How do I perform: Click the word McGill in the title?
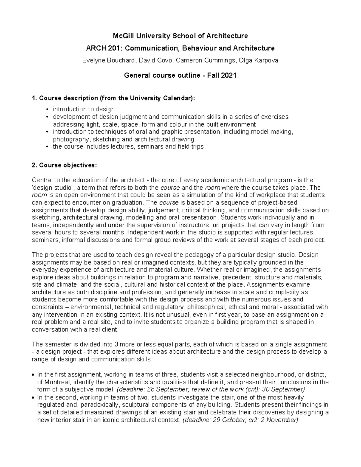coord(122,36)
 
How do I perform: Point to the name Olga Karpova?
coord(258,60)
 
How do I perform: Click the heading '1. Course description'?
coord(65,98)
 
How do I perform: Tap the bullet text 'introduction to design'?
coord(84,109)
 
